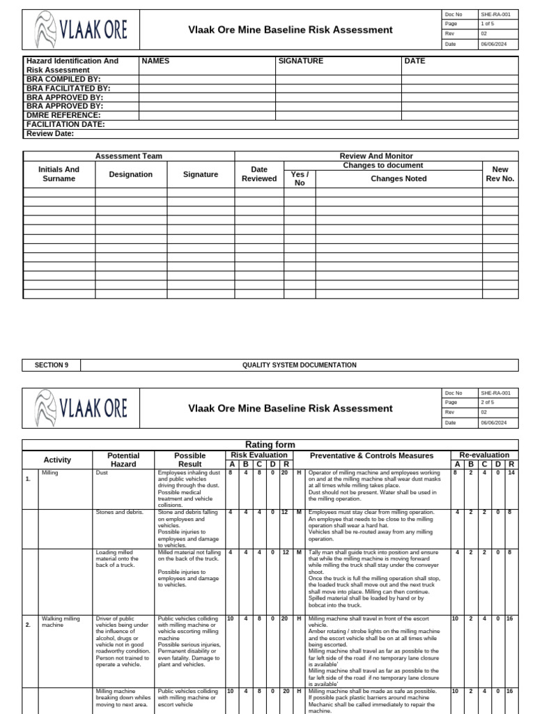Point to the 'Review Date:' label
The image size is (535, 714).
[x=50, y=133]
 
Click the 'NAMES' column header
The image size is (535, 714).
[x=155, y=61]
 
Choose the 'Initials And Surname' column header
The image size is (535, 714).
[x=59, y=174]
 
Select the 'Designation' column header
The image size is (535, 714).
[x=130, y=174]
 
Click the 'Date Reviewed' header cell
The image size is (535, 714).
[x=258, y=174]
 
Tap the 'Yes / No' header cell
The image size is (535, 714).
[x=300, y=178]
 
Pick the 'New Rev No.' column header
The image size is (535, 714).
[x=499, y=174]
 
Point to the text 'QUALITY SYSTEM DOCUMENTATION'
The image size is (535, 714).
[x=299, y=365]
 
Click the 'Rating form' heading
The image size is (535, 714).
[x=270, y=445]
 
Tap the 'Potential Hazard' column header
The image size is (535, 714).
[x=123, y=459]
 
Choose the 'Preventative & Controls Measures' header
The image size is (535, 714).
[x=371, y=455]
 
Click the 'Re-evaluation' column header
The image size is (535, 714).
[x=484, y=455]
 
